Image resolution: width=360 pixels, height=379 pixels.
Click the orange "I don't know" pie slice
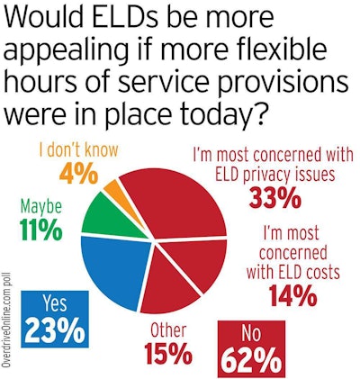tap(112, 192)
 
